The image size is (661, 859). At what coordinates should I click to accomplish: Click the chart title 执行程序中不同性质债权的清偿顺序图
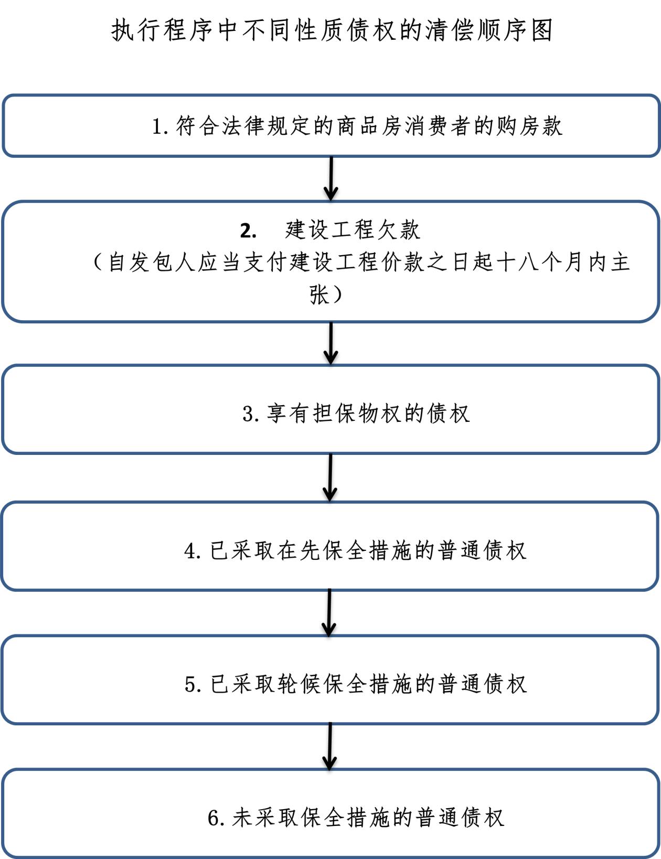[332, 30]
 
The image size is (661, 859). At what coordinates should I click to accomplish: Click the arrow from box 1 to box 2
[331, 179]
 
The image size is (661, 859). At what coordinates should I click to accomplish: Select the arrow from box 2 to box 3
[330, 343]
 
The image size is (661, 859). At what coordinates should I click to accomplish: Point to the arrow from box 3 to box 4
[330, 477]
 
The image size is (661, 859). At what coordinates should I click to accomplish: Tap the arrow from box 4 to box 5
[329, 612]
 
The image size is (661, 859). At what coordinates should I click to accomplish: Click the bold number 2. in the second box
[248, 231]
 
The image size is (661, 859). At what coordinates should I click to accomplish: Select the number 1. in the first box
[159, 126]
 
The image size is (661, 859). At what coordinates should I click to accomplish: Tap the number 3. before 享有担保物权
[250, 414]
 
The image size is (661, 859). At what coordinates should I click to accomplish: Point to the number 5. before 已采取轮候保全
[193, 684]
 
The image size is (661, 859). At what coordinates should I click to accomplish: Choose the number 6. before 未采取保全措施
[216, 818]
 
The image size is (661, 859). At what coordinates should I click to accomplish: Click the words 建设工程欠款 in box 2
[353, 230]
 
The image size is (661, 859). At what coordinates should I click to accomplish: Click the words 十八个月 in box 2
[531, 262]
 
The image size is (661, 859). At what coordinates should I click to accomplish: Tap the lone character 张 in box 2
[319, 295]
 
